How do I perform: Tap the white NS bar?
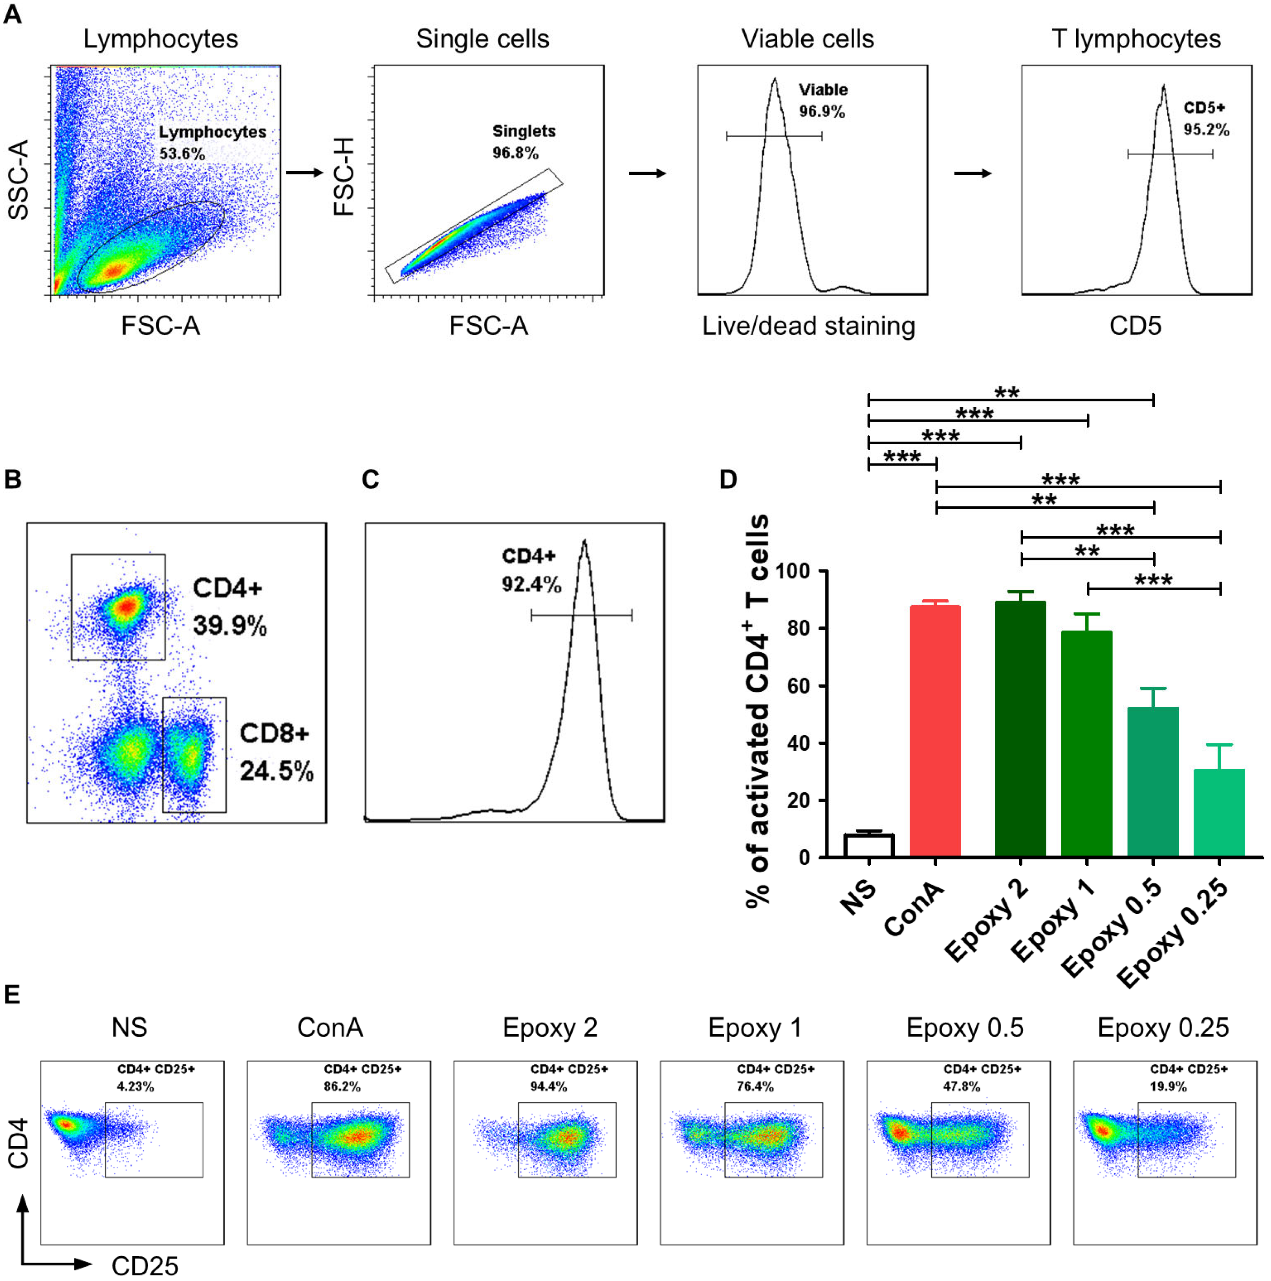pyautogui.click(x=868, y=845)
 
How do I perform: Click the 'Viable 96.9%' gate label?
pyautogui.click(x=822, y=101)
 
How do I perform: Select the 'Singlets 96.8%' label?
pyautogui.click(x=523, y=142)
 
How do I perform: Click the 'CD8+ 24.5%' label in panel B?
pyautogui.click(x=276, y=753)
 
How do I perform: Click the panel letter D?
pyautogui.click(x=728, y=479)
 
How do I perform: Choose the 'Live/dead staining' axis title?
pyautogui.click(x=808, y=326)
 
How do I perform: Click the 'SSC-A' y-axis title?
pyautogui.click(x=18, y=180)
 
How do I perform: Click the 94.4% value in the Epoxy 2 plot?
pyautogui.click(x=548, y=1087)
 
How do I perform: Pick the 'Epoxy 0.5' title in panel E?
pyautogui.click(x=965, y=1028)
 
